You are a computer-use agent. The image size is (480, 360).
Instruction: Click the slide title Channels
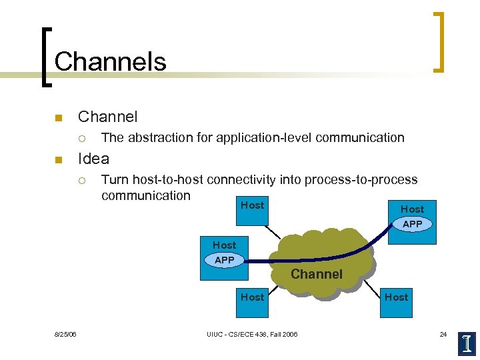click(110, 61)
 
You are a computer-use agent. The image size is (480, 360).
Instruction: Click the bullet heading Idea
click(93, 159)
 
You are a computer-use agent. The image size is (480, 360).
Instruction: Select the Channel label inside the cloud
click(316, 274)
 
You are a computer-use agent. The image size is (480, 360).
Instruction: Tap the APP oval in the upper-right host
click(412, 224)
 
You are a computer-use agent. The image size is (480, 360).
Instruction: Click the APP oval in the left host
click(225, 260)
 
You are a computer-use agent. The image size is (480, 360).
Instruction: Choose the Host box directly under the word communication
click(252, 205)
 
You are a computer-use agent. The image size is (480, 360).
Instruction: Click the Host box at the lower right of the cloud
click(396, 297)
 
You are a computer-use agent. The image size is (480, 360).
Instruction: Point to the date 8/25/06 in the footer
click(65, 334)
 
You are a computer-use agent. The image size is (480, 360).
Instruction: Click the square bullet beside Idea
click(57, 159)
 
